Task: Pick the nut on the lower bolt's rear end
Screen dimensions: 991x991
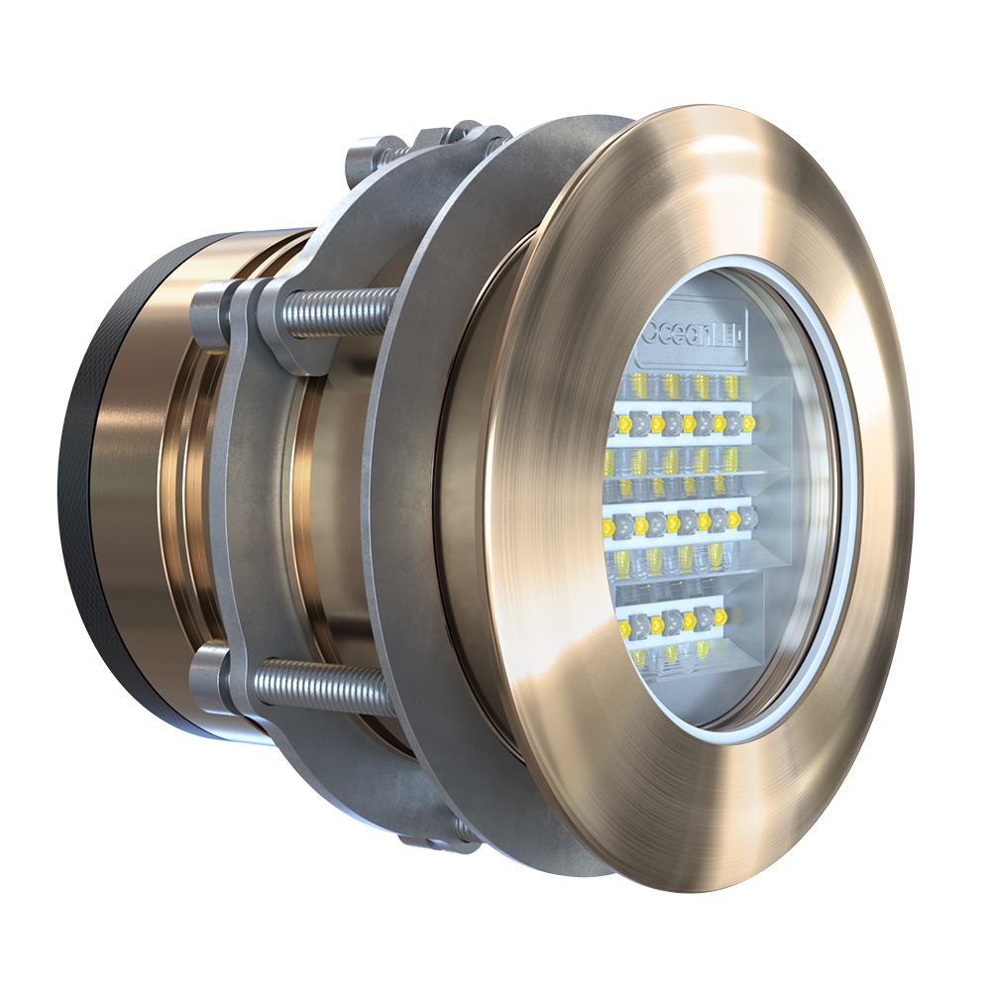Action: [213, 676]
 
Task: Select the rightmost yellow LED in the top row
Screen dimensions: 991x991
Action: [748, 424]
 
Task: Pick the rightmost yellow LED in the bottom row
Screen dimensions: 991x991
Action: [719, 617]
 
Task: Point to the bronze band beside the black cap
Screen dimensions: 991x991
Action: [129, 495]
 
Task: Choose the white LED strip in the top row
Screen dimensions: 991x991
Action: [684, 424]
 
